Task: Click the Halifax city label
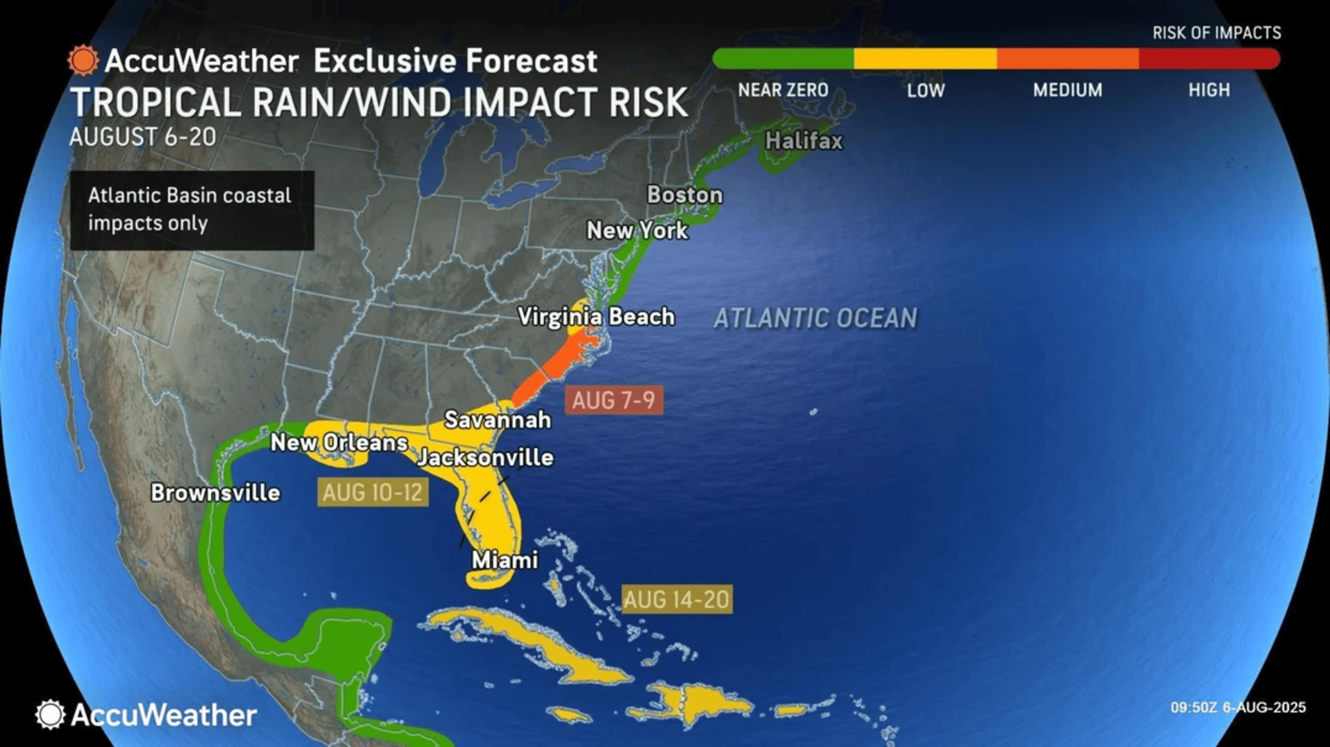[x=804, y=141]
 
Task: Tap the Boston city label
[x=685, y=195]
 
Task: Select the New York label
[x=637, y=230]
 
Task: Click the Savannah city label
[x=497, y=420]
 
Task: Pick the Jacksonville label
[x=485, y=458]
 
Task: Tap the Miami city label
[x=505, y=560]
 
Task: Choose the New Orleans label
[x=339, y=443]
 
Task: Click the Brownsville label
[x=215, y=493]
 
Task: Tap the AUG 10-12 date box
[x=373, y=492]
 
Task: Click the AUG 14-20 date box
[x=676, y=599]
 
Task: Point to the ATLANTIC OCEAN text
[x=815, y=318]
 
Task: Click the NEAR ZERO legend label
[x=783, y=90]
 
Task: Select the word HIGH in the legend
[x=1209, y=90]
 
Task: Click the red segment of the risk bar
[x=1208, y=59]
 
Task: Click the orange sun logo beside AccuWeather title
[x=83, y=61]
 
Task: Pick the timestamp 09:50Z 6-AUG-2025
[x=1238, y=707]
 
